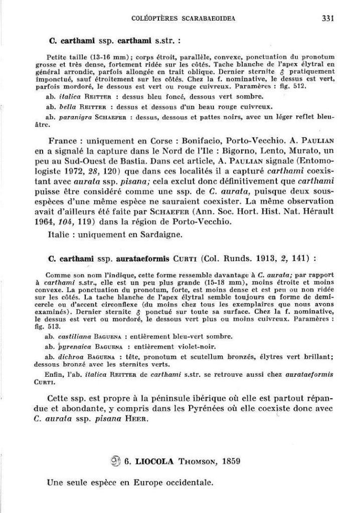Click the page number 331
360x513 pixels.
click(328, 19)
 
